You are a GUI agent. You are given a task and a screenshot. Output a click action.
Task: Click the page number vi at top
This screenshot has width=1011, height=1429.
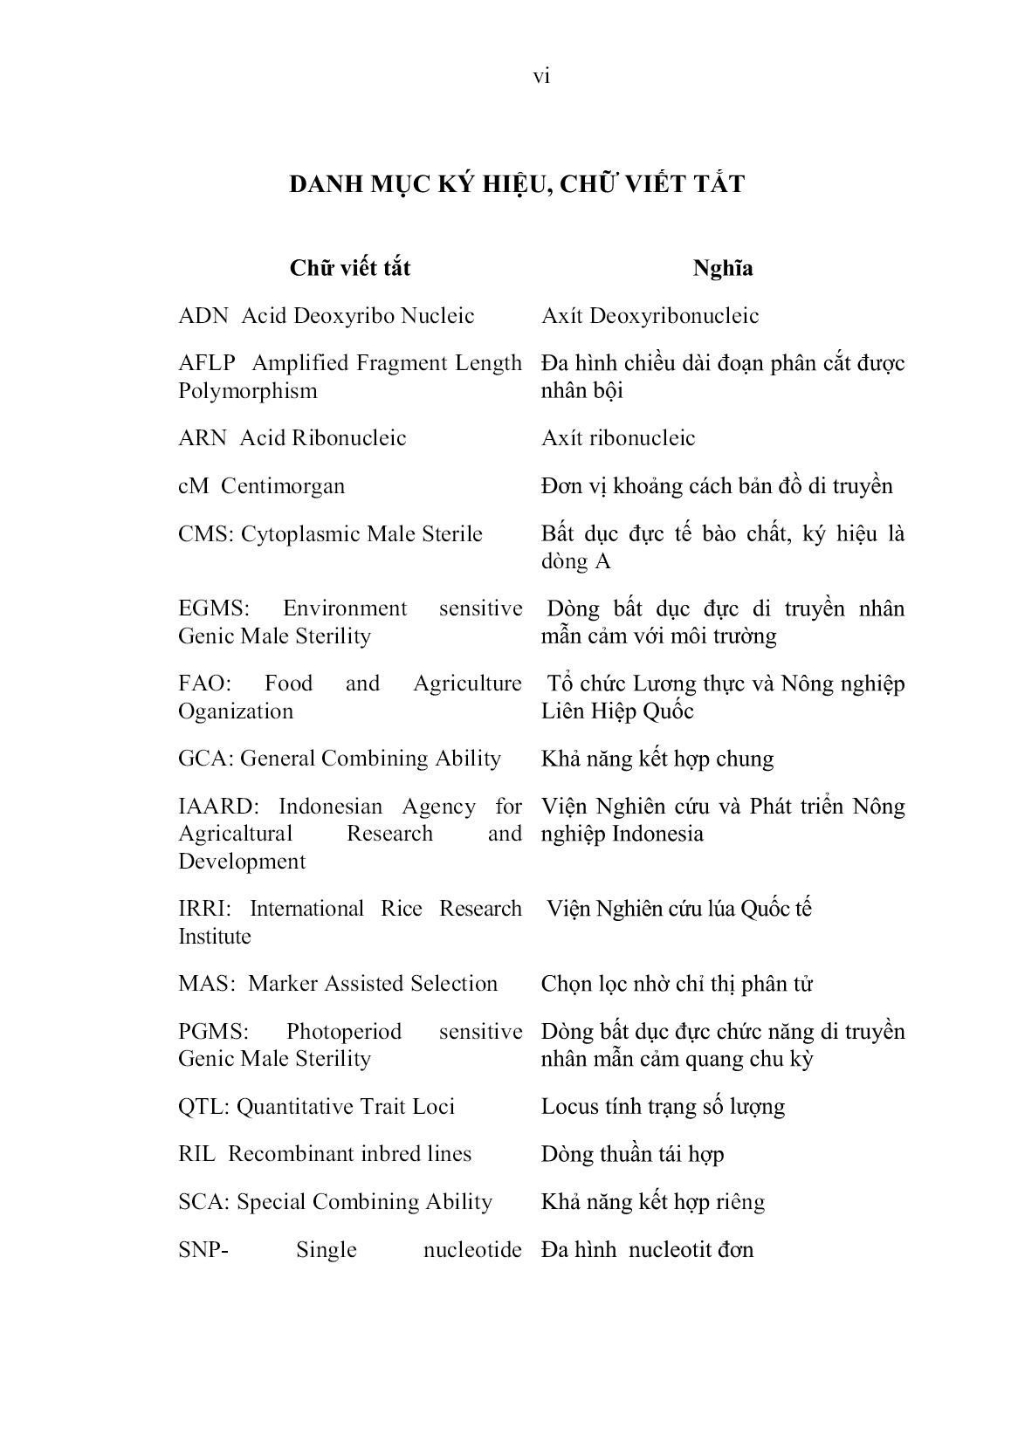[x=541, y=78]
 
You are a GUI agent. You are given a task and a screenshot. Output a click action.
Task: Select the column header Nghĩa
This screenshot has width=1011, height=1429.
[x=723, y=269]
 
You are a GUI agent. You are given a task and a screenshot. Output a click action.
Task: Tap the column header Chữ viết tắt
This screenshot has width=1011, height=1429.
[x=350, y=269]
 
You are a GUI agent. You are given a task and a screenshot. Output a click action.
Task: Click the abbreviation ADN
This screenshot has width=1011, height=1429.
[x=203, y=316]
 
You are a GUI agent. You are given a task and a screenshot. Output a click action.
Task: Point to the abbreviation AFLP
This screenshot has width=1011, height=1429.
[x=207, y=363]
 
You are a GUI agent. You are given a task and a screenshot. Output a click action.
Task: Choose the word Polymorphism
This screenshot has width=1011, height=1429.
[x=248, y=391]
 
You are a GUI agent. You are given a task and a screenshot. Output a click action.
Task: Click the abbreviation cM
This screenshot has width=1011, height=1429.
[x=194, y=486]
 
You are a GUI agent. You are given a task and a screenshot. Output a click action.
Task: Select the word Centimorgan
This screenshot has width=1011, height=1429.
[x=283, y=486]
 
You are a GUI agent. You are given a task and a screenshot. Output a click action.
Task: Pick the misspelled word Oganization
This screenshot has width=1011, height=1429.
[x=236, y=711]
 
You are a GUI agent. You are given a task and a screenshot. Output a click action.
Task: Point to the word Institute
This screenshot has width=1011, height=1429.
[x=215, y=937]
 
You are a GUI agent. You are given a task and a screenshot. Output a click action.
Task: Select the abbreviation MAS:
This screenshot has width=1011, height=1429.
[x=207, y=984]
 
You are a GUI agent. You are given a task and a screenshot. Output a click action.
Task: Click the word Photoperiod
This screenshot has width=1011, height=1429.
[x=344, y=1032]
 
